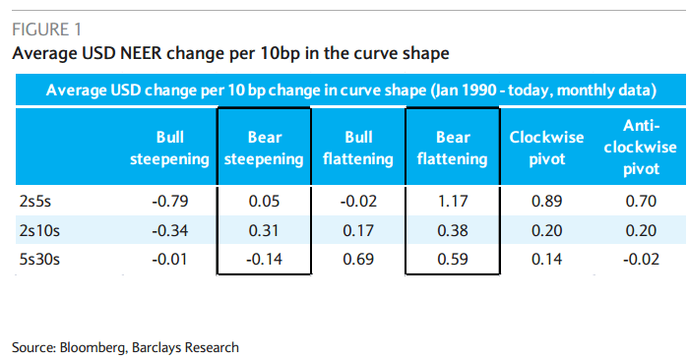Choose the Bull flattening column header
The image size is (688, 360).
[357, 147]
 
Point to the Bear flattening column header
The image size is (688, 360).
[452, 147]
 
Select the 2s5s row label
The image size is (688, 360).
[36, 201]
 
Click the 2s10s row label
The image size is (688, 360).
[39, 232]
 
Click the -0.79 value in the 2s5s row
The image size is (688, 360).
[169, 201]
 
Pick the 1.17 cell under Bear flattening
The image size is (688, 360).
[452, 201]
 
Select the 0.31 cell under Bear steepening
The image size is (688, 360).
[263, 232]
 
